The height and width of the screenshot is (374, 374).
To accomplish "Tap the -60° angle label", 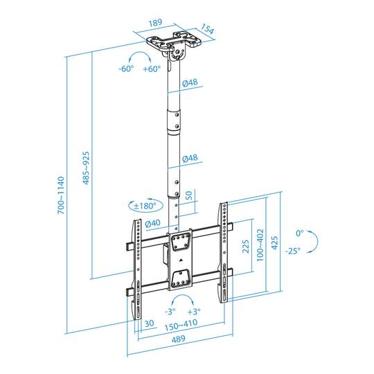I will click(126, 69).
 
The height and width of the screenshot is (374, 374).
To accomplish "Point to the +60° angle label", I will click(151, 69).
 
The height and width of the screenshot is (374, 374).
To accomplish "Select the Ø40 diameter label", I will click(152, 222).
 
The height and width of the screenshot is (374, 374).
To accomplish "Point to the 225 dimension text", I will click(247, 248).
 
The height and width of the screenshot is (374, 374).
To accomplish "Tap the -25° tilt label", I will click(291, 250).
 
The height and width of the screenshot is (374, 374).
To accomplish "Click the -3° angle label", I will click(170, 312).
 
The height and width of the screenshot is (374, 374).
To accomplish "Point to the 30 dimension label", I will click(149, 323).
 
